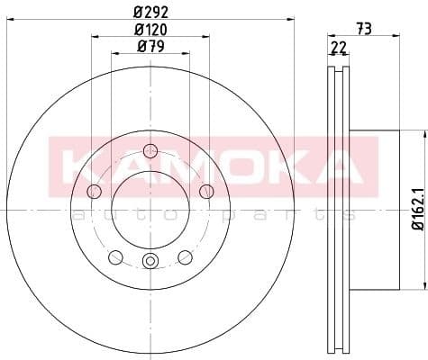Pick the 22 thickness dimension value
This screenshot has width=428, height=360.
[337, 47]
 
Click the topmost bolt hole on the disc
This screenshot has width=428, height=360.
[150, 150]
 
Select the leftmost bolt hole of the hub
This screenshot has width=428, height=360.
[94, 191]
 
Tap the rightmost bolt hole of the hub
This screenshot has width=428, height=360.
[206, 191]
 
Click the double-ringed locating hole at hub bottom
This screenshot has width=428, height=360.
[150, 262]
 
